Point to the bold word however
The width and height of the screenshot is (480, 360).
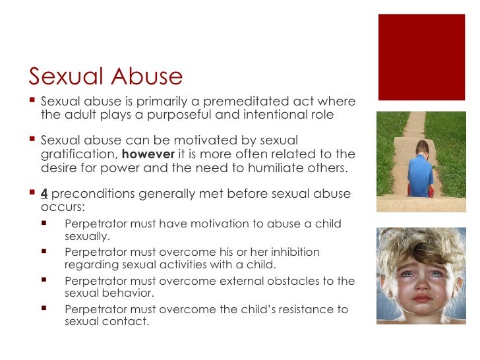158,154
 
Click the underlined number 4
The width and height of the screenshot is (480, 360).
44,194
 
